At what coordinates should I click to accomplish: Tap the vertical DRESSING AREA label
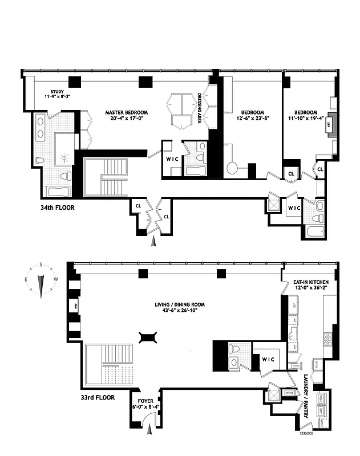(x=200, y=108)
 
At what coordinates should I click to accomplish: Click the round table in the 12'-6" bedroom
(x=233, y=169)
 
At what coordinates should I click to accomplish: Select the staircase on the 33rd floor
(x=102, y=365)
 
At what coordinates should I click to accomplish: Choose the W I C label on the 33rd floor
(x=269, y=359)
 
